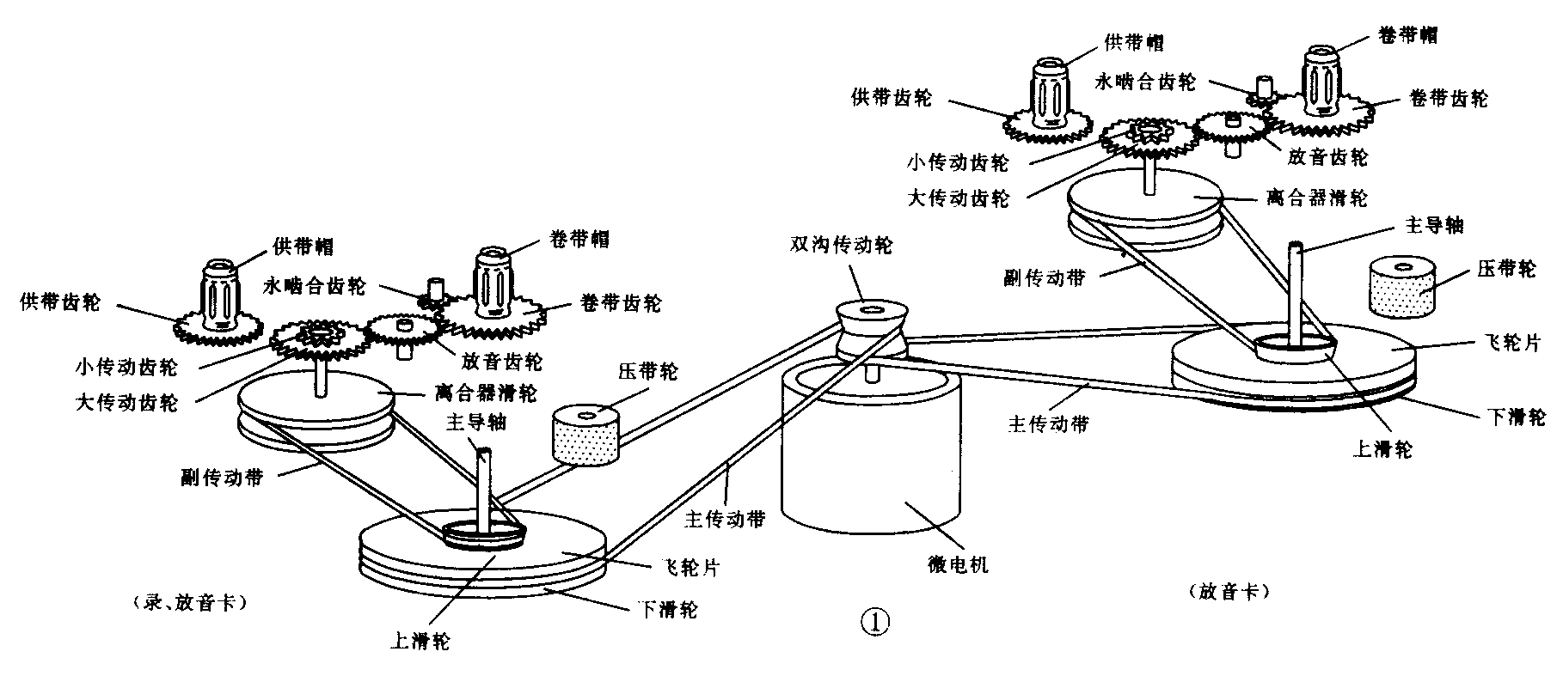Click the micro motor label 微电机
tap(951, 563)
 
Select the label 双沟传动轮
tap(842, 246)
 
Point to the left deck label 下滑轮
tap(666, 610)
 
